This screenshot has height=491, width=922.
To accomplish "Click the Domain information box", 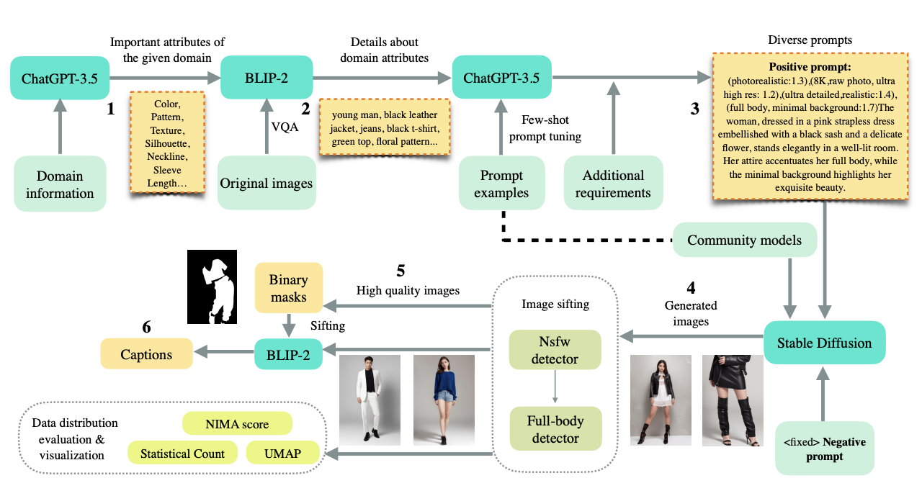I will [x=61, y=184].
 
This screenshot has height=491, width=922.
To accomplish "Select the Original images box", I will [x=267, y=184].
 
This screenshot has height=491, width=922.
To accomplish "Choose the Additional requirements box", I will [x=613, y=184].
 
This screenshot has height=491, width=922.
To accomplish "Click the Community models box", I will [x=745, y=240].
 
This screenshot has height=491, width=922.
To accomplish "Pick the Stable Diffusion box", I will [x=824, y=342].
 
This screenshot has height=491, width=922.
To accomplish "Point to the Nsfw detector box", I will [x=555, y=350].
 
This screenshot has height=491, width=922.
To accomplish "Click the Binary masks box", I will [x=289, y=288].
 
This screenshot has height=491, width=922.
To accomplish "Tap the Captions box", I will [x=146, y=354].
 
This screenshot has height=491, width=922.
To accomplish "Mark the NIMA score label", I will [x=237, y=424].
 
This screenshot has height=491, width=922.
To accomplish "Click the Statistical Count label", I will [x=182, y=453].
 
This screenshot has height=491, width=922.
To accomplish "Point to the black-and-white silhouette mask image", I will [x=212, y=287].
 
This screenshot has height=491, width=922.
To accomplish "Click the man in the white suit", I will [x=369, y=400].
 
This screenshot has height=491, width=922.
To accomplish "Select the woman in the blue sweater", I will [x=443, y=400].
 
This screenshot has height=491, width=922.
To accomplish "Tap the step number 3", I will [x=694, y=109].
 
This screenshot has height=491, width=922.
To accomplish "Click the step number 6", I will [x=147, y=327].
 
